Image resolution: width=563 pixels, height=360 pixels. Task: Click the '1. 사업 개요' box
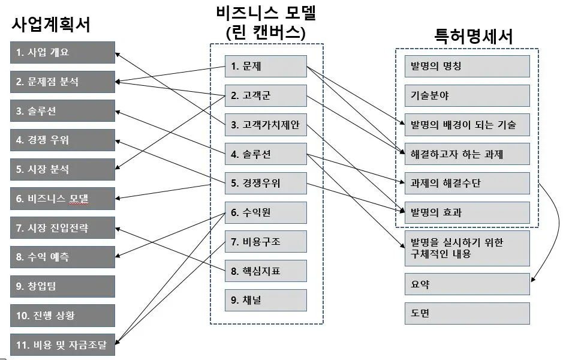tap(62, 52)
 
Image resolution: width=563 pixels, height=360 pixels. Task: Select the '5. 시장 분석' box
tap(62, 169)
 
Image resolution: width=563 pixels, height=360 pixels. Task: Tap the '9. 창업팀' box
tap(62, 286)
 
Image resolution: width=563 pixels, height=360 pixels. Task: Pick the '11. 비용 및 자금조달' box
tap(62, 344)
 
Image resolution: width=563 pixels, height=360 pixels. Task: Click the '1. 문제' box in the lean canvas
tap(266, 67)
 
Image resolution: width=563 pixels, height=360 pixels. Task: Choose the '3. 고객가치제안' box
tap(266, 125)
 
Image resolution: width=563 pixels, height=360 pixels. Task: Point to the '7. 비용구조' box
tap(266, 242)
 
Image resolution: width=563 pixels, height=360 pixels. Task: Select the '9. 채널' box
tap(266, 300)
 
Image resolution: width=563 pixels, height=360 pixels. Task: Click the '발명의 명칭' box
tap(467, 66)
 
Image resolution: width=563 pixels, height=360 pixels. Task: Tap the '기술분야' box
tap(467, 95)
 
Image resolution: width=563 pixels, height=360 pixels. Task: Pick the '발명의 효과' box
tap(467, 212)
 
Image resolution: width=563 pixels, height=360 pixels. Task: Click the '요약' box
tap(467, 284)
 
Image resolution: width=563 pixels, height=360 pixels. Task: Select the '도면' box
tap(467, 313)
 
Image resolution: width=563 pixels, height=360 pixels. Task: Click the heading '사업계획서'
tap(51, 25)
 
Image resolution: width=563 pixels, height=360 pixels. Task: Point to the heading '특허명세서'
tap(474, 37)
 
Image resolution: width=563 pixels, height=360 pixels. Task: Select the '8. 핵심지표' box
tap(266, 271)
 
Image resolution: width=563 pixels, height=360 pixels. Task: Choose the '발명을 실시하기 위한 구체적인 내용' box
tap(467, 248)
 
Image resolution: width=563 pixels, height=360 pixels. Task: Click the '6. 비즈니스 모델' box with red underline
tap(62, 198)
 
